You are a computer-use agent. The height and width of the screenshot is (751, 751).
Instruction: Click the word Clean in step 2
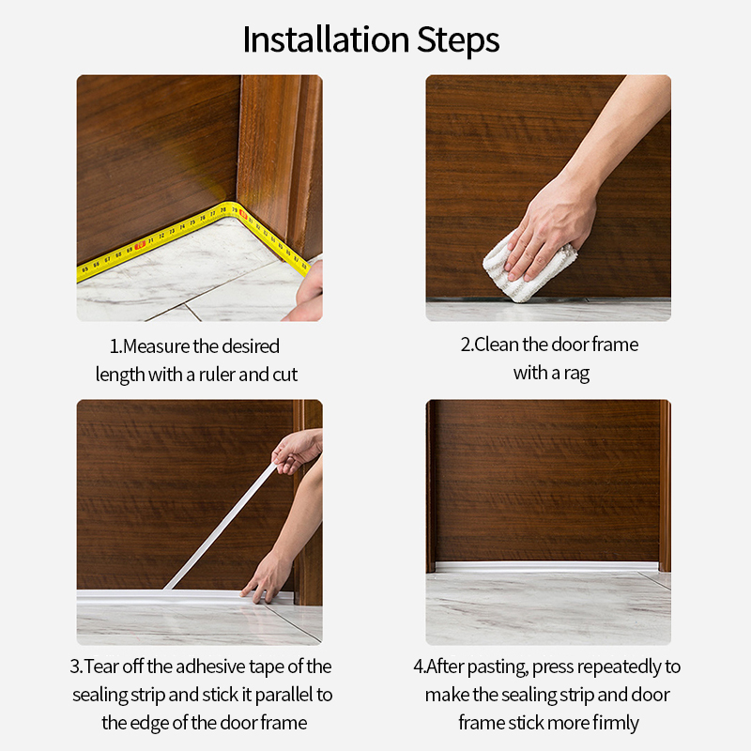point(495,345)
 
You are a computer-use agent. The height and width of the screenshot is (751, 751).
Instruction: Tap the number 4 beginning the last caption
point(418,667)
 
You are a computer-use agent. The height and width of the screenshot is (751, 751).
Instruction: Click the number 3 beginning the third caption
point(74,667)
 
